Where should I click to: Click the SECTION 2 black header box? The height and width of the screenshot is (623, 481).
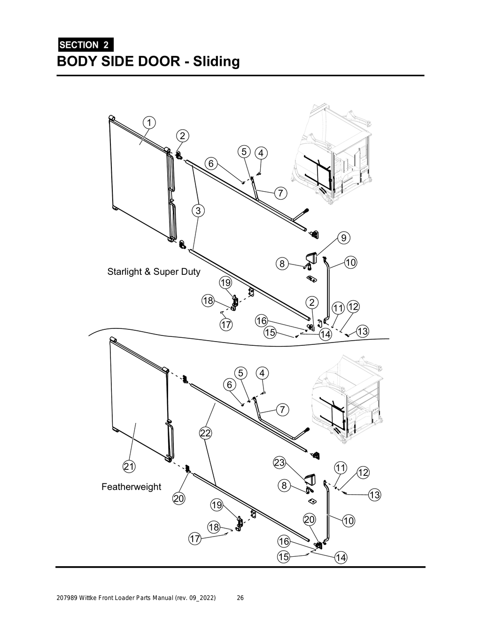pos(85,45)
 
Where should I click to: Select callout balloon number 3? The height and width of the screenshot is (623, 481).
pos(198,211)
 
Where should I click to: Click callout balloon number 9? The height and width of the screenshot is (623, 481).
pos(344,238)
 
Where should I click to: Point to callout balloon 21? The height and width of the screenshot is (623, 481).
pos(129,467)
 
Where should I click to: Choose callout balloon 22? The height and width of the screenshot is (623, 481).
pos(205,433)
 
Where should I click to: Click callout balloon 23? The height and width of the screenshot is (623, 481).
pos(279,463)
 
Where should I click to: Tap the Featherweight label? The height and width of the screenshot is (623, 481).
pos(131,487)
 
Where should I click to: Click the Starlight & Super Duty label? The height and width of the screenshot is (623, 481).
pos(154,272)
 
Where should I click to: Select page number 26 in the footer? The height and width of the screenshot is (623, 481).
pos(240,598)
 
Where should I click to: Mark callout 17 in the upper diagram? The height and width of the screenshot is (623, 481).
pos(226,325)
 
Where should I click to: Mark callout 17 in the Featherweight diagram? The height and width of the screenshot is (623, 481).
pos(195,539)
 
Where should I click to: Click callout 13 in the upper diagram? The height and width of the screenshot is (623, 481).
pos(363,332)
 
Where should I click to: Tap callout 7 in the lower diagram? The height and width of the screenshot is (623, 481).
pos(282,410)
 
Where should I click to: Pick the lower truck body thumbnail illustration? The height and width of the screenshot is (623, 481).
pos(348,399)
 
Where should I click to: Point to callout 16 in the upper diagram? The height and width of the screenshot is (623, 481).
pos(261,321)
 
